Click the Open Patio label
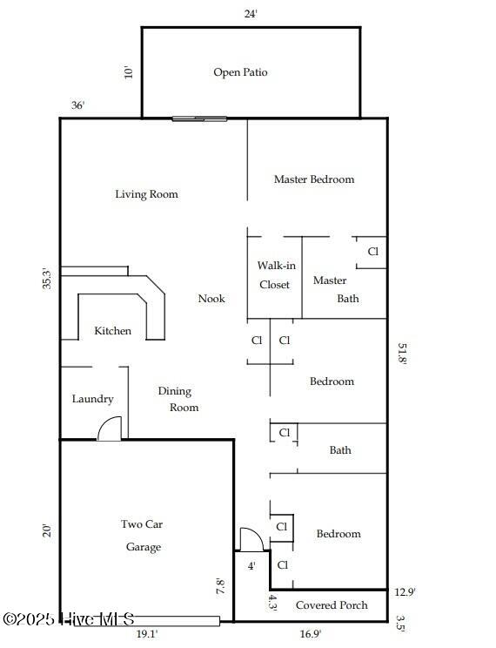coord(240,72)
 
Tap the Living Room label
coord(146,194)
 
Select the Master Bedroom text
coord(314,179)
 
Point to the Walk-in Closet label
coord(273,274)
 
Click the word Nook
coord(211,299)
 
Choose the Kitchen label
coord(113,331)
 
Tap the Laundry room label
coord(92,399)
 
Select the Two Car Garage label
coord(143,536)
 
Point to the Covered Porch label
coord(332,605)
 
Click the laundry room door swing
coord(110,429)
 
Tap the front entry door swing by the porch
coord(251,539)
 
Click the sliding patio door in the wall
coord(199,118)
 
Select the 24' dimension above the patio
coord(251,14)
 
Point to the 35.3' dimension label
coord(47,279)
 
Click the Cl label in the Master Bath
coord(372,252)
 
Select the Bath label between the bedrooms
coord(340,450)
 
